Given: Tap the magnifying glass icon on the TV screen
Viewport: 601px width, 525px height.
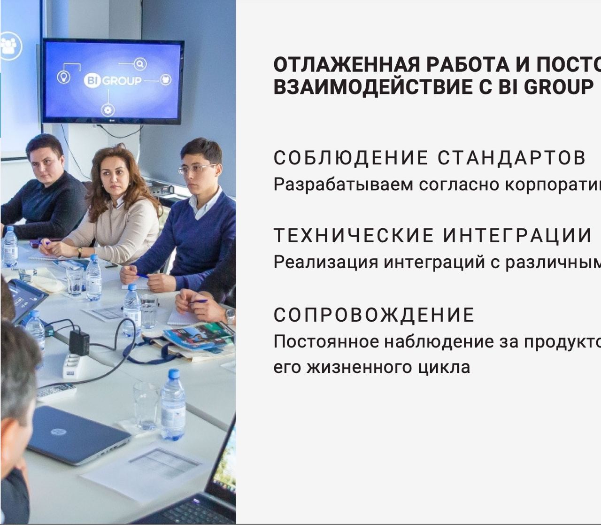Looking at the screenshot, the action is (140, 64).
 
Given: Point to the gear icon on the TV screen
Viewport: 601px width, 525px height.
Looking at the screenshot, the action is (108, 110).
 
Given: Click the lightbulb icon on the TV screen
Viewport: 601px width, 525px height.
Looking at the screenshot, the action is (63, 77).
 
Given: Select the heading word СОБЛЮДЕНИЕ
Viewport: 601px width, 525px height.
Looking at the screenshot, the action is (351, 158).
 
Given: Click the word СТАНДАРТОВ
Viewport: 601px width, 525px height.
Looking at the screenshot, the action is (512, 158).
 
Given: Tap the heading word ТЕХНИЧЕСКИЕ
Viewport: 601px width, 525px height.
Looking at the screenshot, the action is (354, 236).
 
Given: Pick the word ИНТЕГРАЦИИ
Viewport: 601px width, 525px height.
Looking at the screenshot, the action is (517, 236).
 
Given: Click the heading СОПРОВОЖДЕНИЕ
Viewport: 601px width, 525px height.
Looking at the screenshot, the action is (374, 315).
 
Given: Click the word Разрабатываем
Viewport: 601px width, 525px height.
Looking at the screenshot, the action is (343, 185).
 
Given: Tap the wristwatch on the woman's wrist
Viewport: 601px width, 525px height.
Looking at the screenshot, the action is (80, 252).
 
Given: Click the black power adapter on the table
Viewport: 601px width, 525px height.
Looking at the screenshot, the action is (79, 342).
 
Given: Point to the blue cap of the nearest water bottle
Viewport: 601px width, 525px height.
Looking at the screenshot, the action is (174, 374).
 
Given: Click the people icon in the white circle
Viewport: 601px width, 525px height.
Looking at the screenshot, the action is (10, 46).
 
